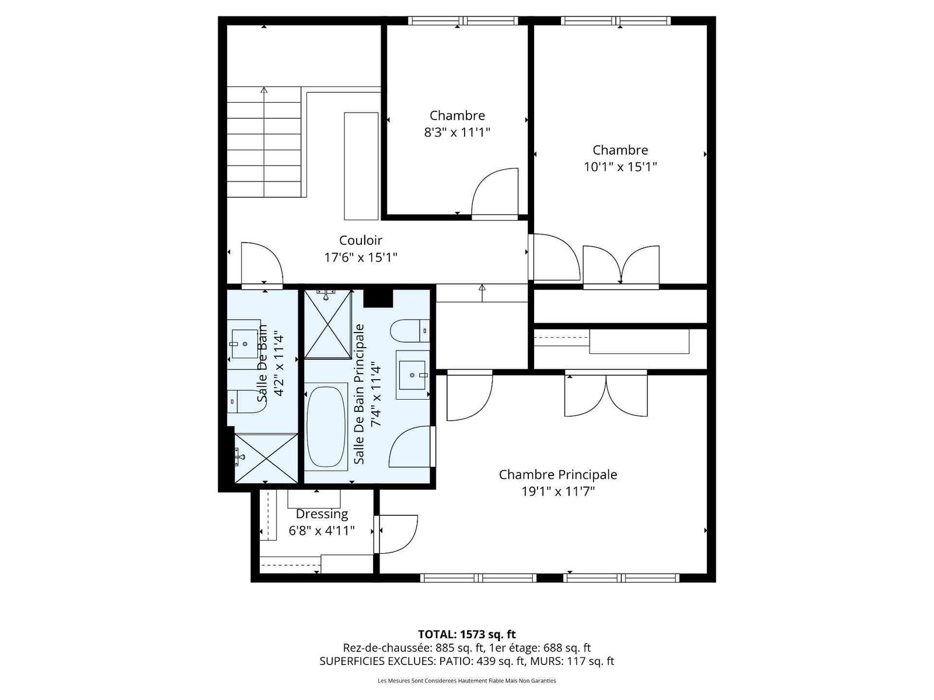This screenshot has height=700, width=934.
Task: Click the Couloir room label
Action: [360, 240]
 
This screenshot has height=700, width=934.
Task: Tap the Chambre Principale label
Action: [558, 475]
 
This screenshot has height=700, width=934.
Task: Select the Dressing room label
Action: [322, 514]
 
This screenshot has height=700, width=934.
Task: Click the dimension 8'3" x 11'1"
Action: [457, 132]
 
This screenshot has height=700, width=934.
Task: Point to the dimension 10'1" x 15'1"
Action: [620, 167]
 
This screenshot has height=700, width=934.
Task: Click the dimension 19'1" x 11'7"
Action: [558, 492]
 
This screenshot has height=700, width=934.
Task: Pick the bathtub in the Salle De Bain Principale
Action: [326, 426]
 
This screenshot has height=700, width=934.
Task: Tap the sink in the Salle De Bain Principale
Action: [412, 374]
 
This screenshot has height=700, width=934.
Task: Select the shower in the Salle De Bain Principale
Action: [327, 324]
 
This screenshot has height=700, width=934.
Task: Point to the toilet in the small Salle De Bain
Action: [246, 402]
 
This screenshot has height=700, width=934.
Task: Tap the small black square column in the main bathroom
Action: [378, 298]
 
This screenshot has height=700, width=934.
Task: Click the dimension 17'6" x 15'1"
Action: [360, 258]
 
